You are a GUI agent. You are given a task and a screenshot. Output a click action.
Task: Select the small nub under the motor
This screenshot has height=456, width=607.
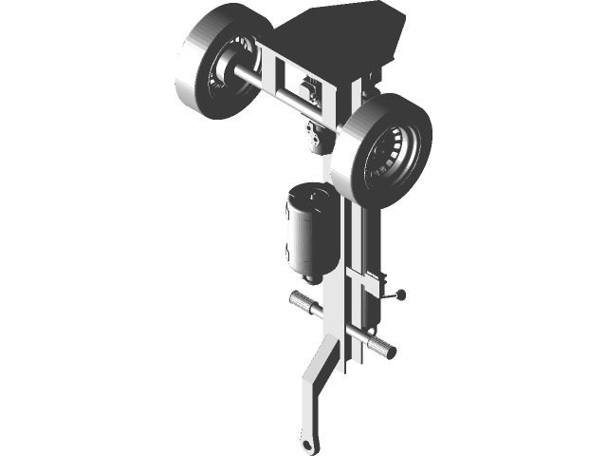pyautogui.click(x=309, y=277)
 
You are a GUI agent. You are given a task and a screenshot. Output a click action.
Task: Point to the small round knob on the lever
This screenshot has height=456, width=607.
pyautogui.click(x=402, y=294)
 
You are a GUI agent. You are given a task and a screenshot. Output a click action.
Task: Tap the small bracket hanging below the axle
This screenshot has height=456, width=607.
pyautogui.click(x=317, y=138)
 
